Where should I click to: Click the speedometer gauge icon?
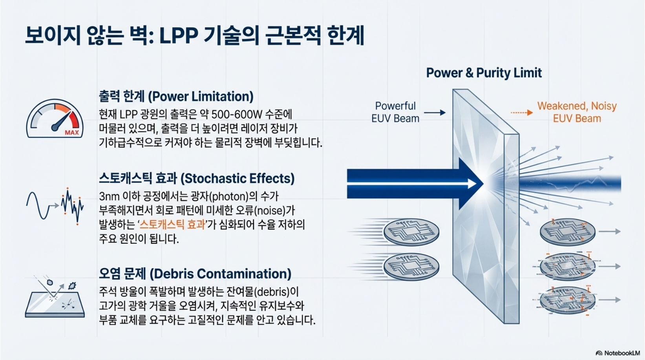[x=55, y=119]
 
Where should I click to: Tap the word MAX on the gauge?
[x=72, y=132]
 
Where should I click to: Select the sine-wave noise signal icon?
[x=55, y=206]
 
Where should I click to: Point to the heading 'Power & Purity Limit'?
[x=484, y=73]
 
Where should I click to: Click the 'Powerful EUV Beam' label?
[x=395, y=112]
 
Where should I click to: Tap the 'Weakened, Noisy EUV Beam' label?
[x=577, y=112]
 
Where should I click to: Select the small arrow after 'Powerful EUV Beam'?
[x=435, y=113]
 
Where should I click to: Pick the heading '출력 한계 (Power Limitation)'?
[x=176, y=97]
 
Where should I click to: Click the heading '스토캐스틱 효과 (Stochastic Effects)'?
[x=196, y=179]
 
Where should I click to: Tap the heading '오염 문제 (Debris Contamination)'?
[x=195, y=274]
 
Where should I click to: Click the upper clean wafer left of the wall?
[x=411, y=232]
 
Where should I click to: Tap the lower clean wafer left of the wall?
[x=411, y=266]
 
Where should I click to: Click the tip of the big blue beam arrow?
[x=481, y=183]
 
